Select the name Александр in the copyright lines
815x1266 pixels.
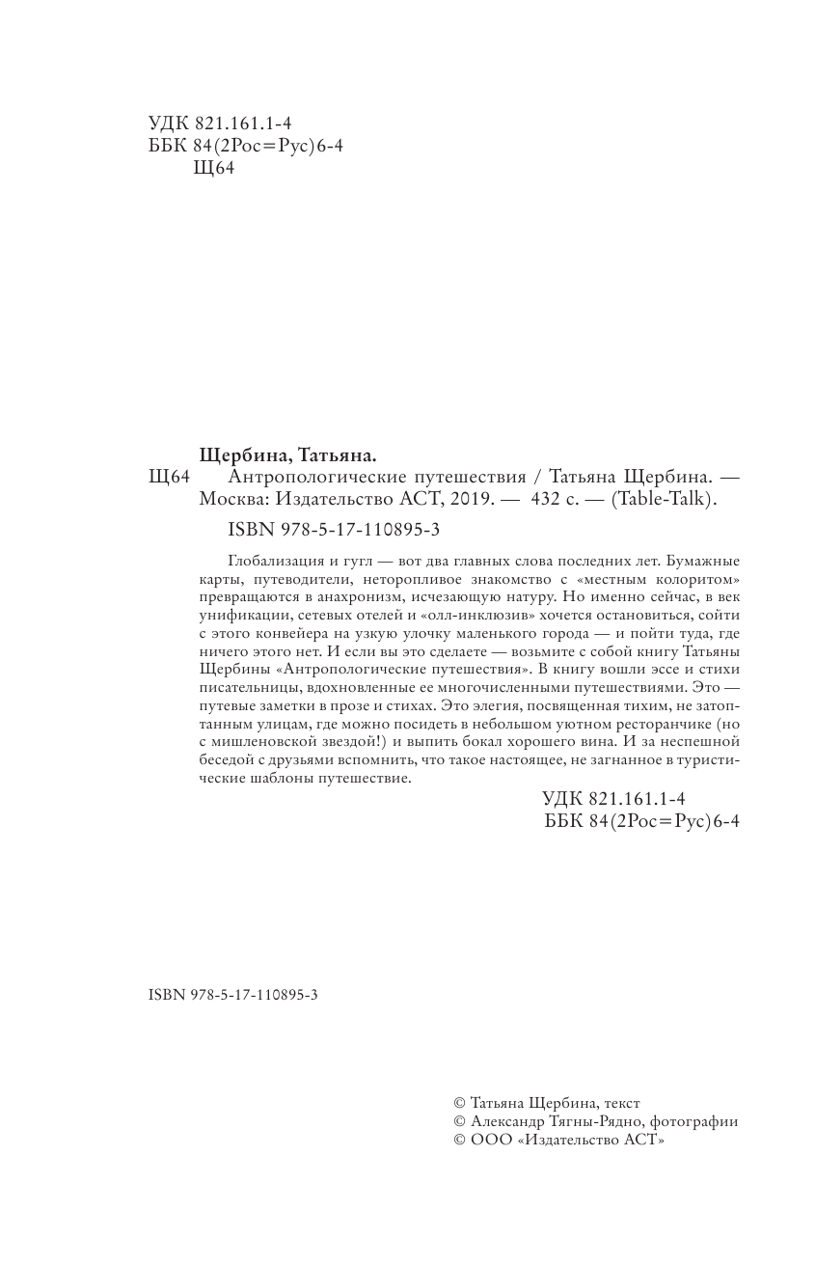click(508, 1121)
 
